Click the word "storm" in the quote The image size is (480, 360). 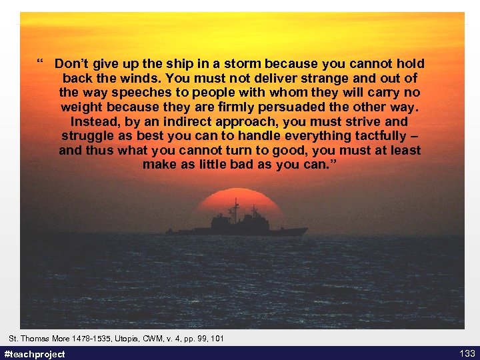243,65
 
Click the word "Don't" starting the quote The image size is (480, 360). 71,65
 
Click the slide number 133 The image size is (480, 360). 467,353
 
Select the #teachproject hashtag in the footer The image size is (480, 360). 35,354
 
